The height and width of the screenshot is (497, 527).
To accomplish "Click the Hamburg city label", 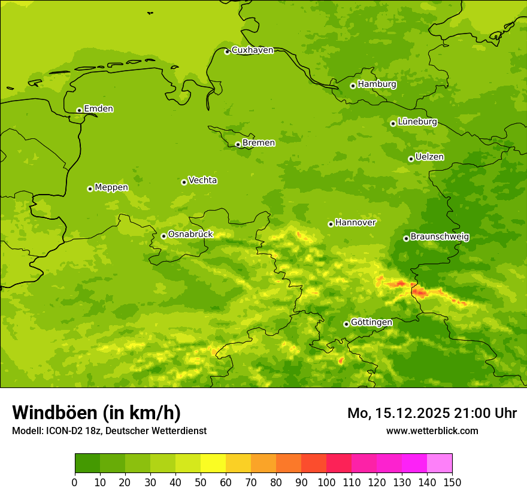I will (377, 84).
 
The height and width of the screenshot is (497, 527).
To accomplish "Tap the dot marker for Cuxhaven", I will (227, 52).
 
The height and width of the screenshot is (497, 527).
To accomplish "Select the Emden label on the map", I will (98, 109).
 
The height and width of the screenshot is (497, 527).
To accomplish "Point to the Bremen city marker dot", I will (238, 144).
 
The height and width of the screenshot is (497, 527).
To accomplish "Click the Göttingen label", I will (371, 322).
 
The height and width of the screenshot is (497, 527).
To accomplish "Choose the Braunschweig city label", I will (440, 237).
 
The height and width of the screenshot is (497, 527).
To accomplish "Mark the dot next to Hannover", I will (331, 224).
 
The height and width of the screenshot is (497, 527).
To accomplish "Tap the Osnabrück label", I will (190, 234).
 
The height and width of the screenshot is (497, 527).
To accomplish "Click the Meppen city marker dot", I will (90, 189).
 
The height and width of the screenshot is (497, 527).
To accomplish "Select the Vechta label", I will (202, 180).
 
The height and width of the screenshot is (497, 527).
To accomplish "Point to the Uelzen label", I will (429, 157).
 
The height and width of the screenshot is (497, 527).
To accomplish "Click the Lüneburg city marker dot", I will (393, 123).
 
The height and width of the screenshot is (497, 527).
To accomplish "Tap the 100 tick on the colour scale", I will (326, 481).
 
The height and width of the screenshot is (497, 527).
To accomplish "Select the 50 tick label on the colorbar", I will (201, 481).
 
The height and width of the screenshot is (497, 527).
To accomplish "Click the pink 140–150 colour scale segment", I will (440, 463).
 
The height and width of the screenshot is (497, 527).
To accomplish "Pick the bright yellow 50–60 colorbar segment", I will (213, 463).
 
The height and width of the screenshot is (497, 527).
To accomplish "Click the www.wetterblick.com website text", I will (432, 431).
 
